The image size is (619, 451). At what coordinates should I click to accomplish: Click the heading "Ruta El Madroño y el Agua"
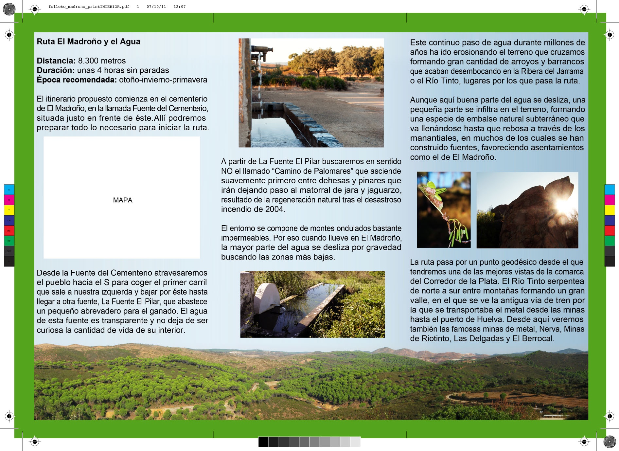[x=88, y=42]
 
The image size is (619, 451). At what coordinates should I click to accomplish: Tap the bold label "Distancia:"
[x=56, y=61]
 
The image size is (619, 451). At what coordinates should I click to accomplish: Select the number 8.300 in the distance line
[x=89, y=61]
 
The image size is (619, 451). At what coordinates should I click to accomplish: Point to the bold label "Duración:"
[x=56, y=70]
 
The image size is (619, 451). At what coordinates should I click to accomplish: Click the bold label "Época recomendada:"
[x=77, y=80]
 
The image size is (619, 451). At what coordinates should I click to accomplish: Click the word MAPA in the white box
[x=123, y=200]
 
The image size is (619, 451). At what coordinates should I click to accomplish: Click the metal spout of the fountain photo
[x=262, y=51]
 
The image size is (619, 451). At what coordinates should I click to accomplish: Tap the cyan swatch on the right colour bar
[x=610, y=189]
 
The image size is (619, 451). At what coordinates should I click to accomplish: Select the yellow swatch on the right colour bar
[x=610, y=210]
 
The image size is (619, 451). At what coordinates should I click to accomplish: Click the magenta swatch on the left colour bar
[x=9, y=200]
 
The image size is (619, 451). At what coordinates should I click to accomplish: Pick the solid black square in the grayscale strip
[x=263, y=442]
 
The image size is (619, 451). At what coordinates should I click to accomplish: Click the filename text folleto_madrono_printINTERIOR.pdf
[x=89, y=7]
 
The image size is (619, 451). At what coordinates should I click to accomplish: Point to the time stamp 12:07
[x=180, y=7]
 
